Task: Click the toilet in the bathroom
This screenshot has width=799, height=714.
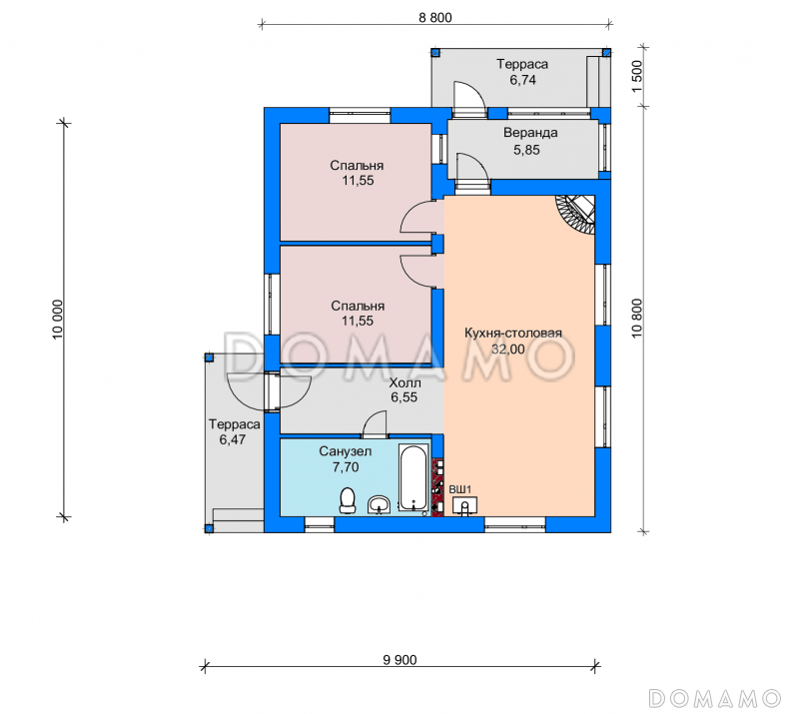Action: pos(348,500)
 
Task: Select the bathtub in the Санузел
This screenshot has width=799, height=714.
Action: pos(412,478)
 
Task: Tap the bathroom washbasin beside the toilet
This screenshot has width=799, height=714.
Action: pos(379,504)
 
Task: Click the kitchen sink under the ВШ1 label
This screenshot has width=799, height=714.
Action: pos(464,505)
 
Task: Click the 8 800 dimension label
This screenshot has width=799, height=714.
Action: pos(435,17)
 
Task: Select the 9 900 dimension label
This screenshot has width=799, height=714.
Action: pos(400,660)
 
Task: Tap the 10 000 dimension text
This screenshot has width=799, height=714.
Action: pos(57,319)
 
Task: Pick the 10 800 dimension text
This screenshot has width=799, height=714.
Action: pos(637,319)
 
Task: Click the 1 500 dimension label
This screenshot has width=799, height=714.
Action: pos(637,77)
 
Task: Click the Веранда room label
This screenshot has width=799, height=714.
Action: pos(530,133)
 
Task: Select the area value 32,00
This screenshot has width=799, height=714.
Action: pos(508,350)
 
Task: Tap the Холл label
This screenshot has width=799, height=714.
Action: pos(405,382)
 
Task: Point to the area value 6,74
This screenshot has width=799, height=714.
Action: pos(522,80)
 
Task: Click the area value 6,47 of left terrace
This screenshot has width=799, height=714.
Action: pos(233,439)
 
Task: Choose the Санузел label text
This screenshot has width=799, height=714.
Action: pos(346,451)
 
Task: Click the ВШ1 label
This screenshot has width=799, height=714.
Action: pos(460,489)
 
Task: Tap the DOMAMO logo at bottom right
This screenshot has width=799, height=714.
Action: pos(714,698)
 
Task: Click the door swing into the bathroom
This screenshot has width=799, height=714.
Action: pos(375,424)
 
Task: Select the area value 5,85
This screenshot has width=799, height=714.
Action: pos(526,150)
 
